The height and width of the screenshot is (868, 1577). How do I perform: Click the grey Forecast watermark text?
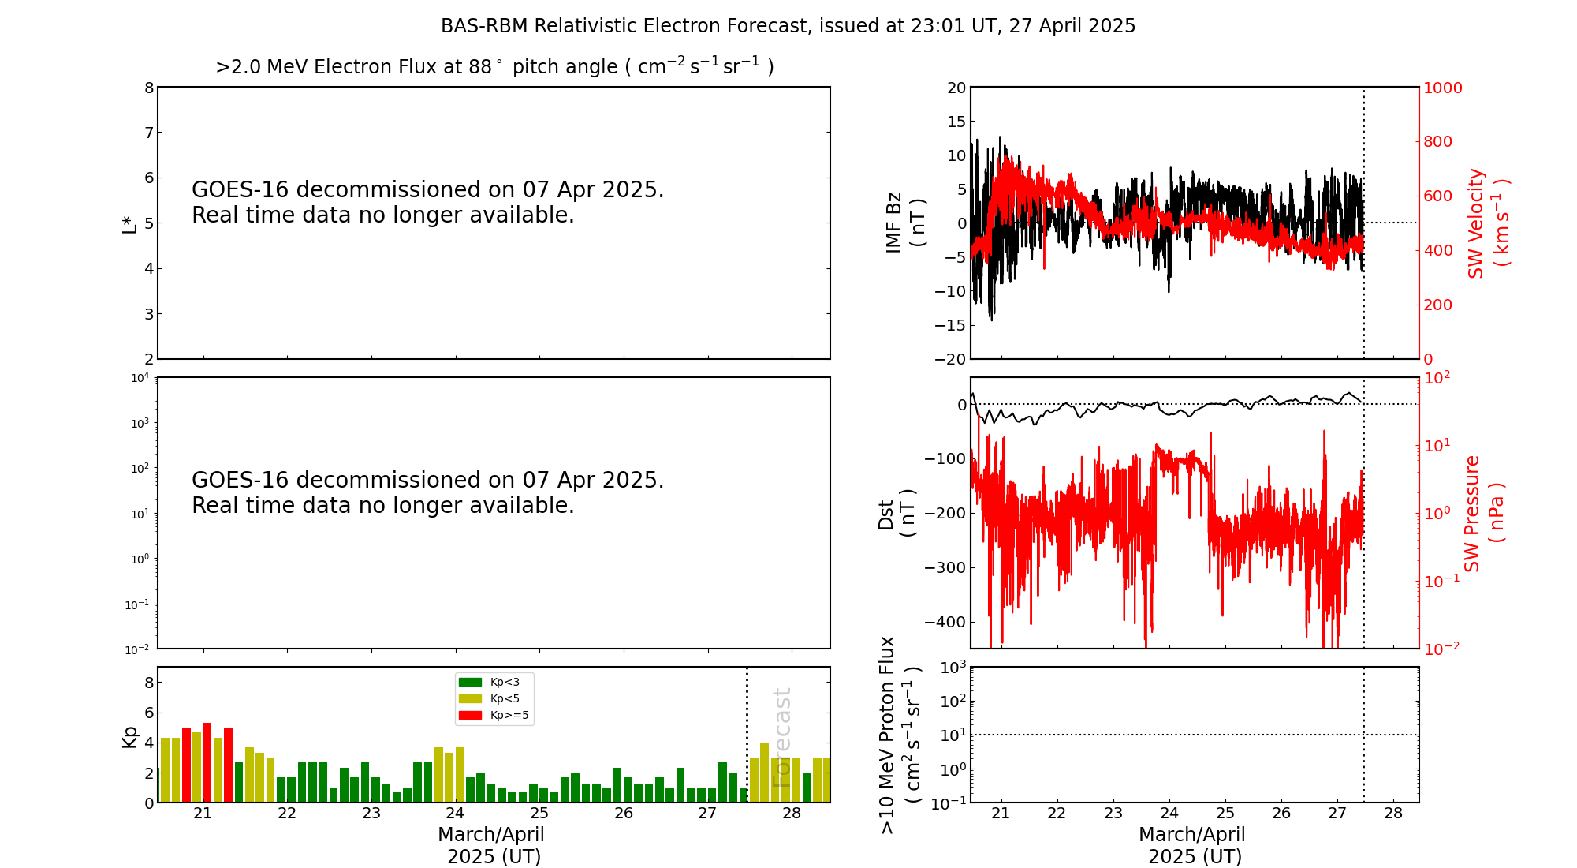click(x=781, y=737)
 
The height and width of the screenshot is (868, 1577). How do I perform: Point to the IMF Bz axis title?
click(x=904, y=223)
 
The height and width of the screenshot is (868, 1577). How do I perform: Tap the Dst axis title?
click(x=897, y=513)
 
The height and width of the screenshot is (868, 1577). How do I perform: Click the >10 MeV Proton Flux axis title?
click(x=900, y=735)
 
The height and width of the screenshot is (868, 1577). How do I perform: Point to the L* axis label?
click(x=129, y=223)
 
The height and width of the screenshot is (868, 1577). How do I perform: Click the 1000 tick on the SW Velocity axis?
click(x=1442, y=88)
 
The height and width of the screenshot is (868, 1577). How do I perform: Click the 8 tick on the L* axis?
click(x=149, y=88)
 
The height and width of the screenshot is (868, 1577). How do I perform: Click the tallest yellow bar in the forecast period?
click(x=764, y=772)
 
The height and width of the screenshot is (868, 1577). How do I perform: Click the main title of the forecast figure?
click(x=788, y=26)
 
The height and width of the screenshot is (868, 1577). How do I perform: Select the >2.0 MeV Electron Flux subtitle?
click(x=494, y=67)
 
